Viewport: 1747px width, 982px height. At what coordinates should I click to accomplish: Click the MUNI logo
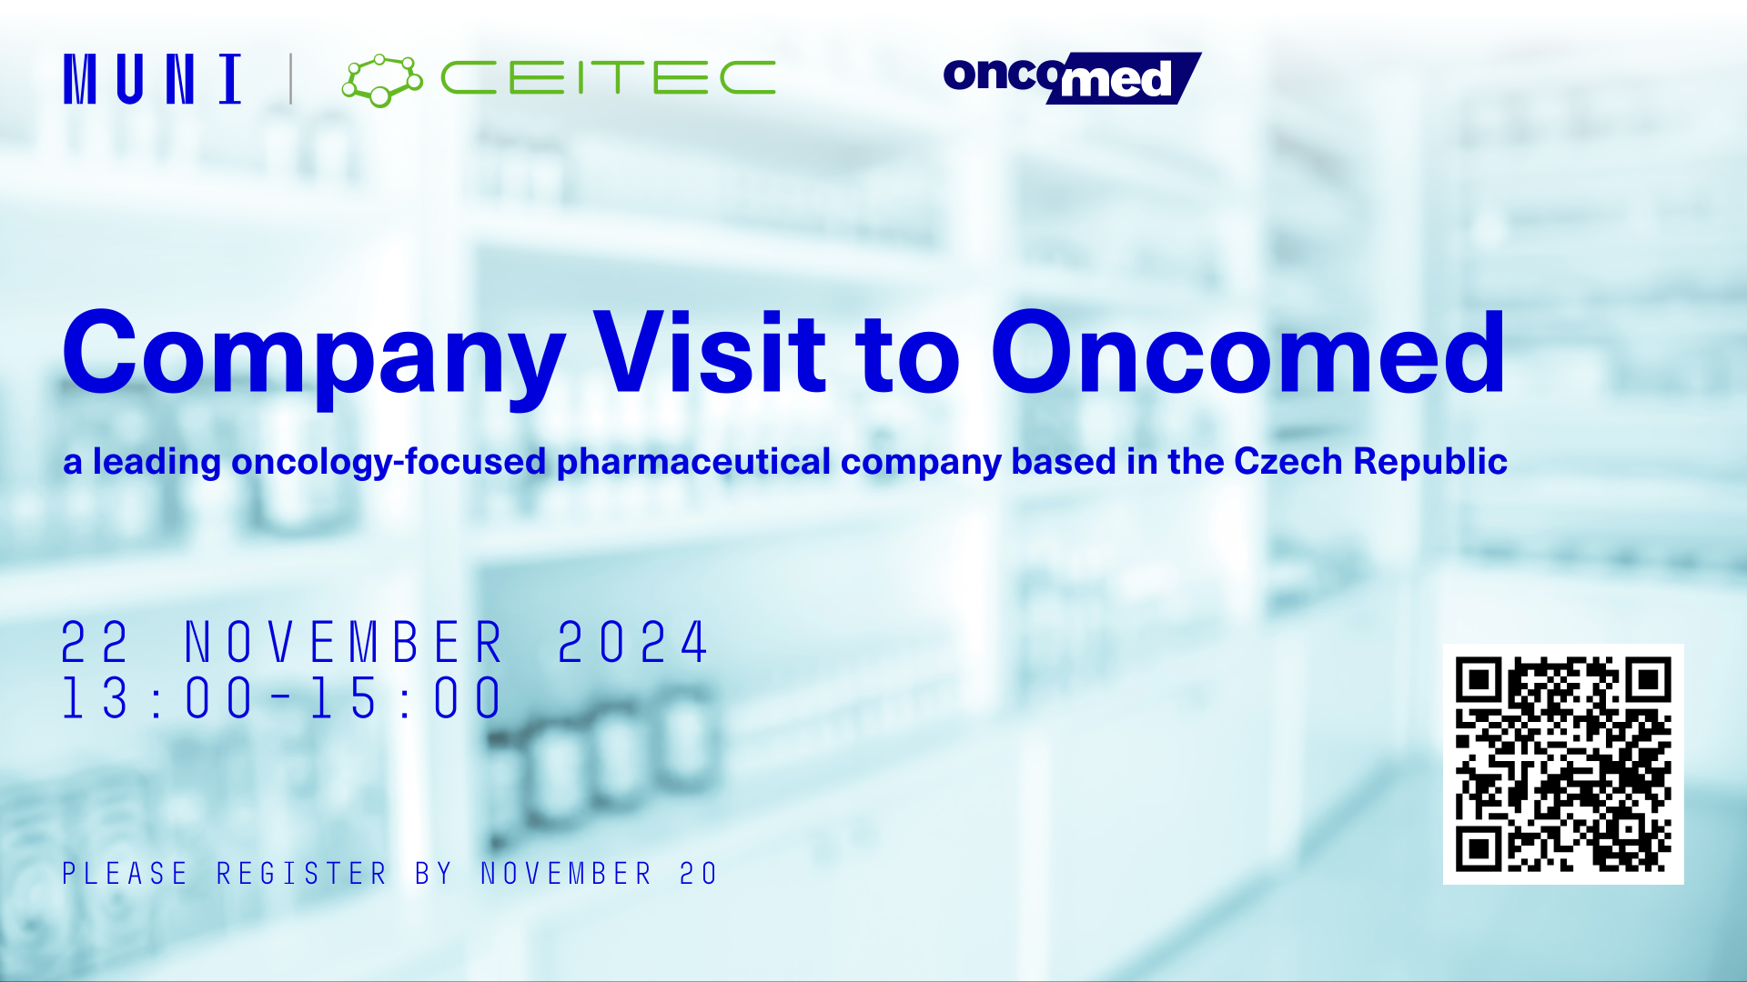(x=153, y=79)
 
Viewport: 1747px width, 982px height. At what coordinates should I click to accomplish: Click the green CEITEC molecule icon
(x=382, y=80)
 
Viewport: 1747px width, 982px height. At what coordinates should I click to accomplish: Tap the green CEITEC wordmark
(x=608, y=78)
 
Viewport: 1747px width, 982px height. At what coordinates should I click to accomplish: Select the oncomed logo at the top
(x=1072, y=78)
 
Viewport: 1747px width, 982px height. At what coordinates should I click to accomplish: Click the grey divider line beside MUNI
(x=290, y=79)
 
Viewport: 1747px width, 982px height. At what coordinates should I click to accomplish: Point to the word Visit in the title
(x=710, y=352)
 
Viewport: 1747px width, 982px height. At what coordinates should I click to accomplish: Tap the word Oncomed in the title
(x=1248, y=352)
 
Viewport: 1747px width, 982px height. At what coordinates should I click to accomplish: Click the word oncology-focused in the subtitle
(x=389, y=462)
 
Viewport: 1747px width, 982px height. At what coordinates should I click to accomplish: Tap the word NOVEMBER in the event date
(x=344, y=643)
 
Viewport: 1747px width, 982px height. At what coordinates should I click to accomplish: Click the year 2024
(x=633, y=643)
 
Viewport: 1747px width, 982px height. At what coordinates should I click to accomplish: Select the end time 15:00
(x=406, y=698)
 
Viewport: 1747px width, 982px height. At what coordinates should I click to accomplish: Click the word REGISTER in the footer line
(x=302, y=874)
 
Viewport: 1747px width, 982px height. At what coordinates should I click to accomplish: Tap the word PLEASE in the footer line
(x=125, y=874)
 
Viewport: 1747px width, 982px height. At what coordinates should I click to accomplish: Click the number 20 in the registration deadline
(x=699, y=874)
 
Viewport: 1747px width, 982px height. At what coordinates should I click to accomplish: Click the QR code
(x=1563, y=764)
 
